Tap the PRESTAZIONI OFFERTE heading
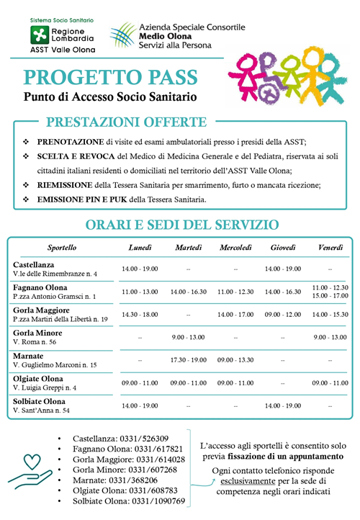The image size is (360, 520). click(126, 122)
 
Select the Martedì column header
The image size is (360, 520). click(189, 247)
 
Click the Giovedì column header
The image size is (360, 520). click(283, 247)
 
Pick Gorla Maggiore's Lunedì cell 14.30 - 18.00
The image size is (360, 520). click(140, 314)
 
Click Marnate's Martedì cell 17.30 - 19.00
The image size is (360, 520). click(189, 359)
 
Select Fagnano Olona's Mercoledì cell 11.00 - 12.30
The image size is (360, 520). click(235, 292)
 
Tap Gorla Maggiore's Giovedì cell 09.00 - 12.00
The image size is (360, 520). click(283, 314)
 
